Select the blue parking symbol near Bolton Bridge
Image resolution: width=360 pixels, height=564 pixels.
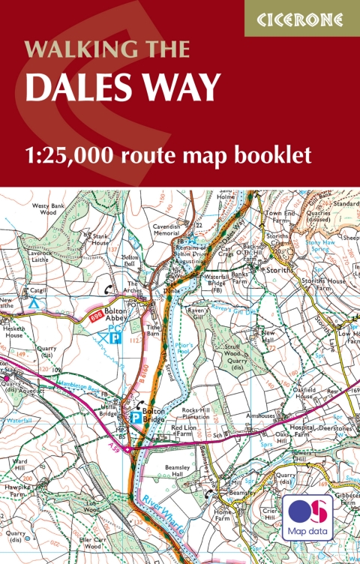(x=136, y=418)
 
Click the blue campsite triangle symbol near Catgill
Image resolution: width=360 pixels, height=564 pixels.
(x=33, y=304)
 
